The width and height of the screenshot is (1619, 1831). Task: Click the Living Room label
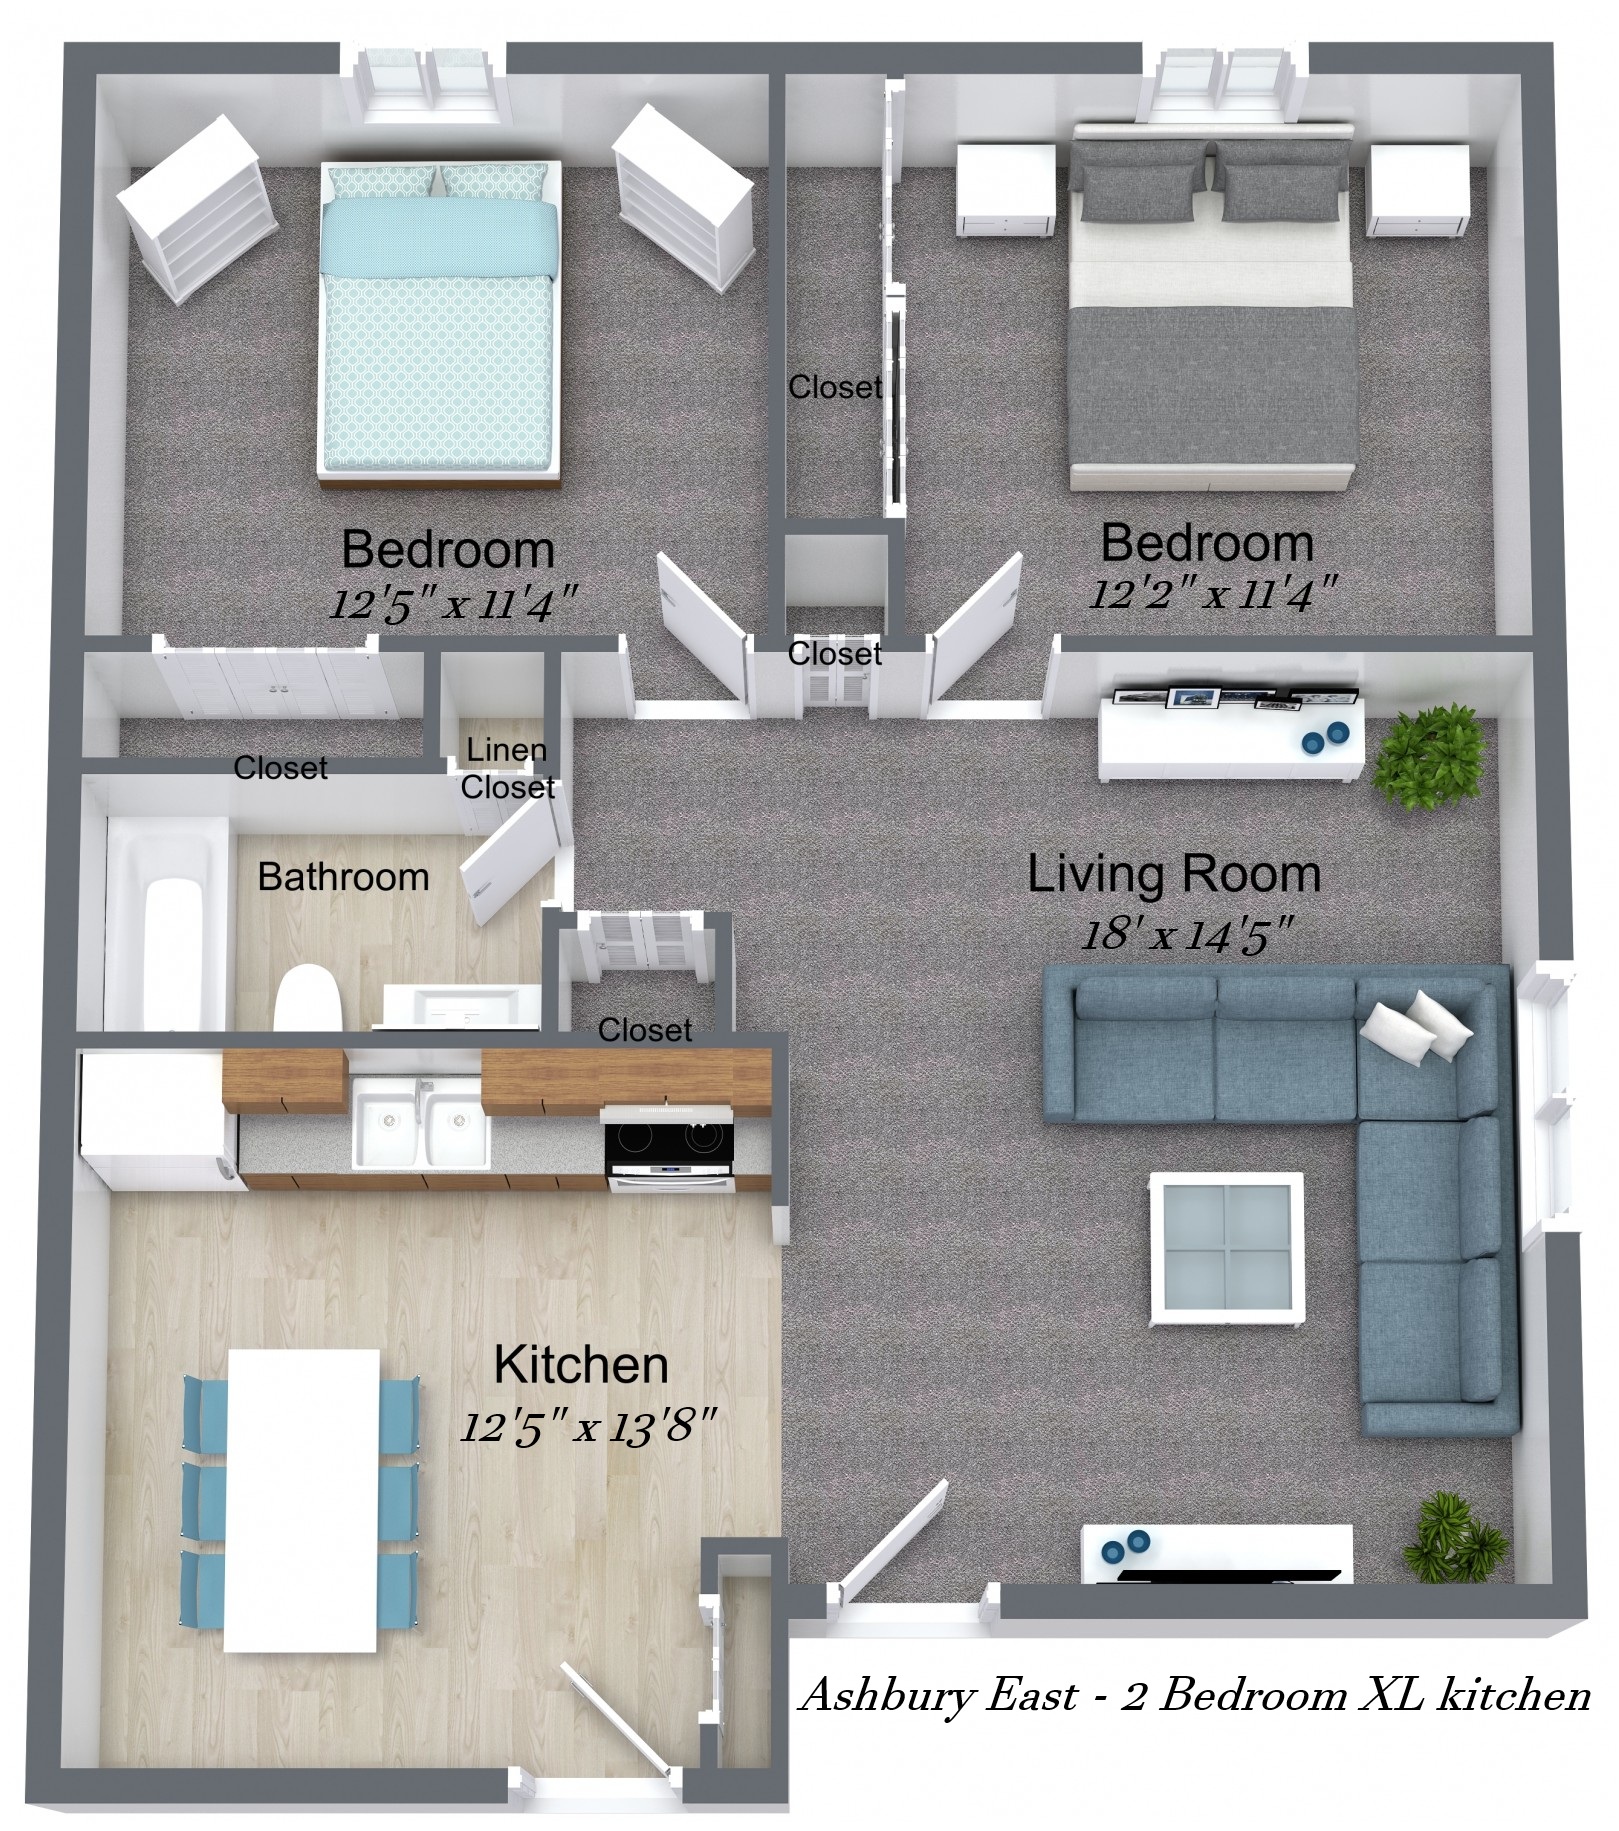1174,874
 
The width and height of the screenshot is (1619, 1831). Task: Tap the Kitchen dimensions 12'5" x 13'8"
588,1426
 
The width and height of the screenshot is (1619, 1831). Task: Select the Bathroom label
343,877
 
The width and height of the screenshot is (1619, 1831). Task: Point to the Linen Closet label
507,768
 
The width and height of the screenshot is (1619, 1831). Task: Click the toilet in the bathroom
307,997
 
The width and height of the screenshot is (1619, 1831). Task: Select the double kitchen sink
421,1122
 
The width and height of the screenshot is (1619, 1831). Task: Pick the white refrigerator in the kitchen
158,1118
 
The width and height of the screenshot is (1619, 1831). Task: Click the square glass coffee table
1227,1248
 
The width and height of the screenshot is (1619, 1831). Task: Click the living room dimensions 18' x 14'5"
1188,935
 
